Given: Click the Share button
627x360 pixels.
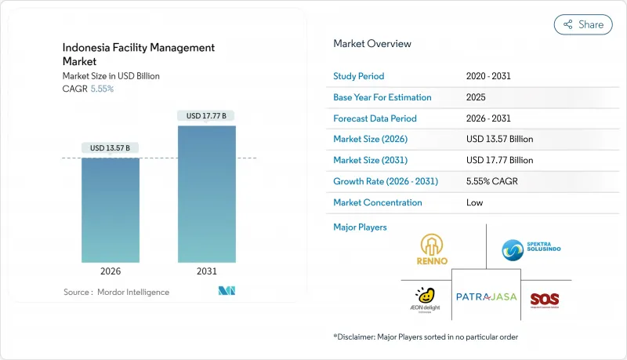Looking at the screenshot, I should (583, 24).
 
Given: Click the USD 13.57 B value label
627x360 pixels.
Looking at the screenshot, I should (111, 147).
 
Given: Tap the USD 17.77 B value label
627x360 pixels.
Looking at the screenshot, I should (207, 116).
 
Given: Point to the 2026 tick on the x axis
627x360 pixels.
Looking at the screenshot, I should (111, 271).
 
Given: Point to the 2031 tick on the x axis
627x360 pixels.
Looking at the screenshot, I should (207, 271).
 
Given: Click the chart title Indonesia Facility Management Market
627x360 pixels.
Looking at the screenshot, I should (139, 54).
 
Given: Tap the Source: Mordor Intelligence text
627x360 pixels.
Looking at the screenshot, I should (116, 292).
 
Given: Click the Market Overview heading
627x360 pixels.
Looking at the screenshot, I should (372, 43).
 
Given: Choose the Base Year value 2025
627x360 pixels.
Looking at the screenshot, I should (477, 97).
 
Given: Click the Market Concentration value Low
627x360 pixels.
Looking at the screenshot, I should (474, 202).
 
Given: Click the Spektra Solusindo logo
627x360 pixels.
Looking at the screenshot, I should (531, 250).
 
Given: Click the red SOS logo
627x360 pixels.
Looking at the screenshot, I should (545, 300).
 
